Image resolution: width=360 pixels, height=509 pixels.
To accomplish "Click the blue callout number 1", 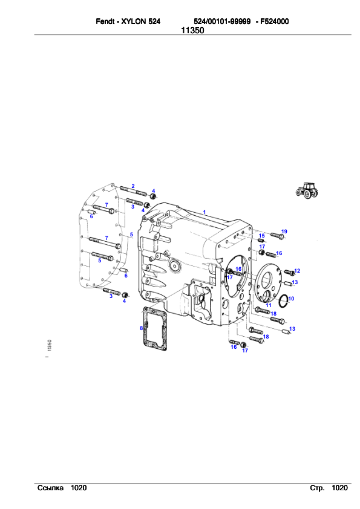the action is [x=205, y=212].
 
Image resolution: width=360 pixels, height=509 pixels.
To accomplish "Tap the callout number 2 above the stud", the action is [x=133, y=186].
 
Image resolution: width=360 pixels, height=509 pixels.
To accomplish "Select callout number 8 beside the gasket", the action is [x=142, y=328].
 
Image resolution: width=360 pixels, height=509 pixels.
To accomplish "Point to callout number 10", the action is [x=291, y=299].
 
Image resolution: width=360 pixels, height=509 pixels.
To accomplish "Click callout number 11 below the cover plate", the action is [x=269, y=305].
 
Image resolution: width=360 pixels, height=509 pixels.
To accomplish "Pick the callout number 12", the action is [x=297, y=271].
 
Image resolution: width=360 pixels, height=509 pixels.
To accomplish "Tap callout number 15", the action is [x=261, y=236].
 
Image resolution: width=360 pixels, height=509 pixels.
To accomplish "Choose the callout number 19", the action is [x=284, y=232].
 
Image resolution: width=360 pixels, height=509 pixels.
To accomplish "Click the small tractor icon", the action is [x=307, y=190].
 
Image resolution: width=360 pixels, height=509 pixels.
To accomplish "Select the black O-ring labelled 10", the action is [x=280, y=301].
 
